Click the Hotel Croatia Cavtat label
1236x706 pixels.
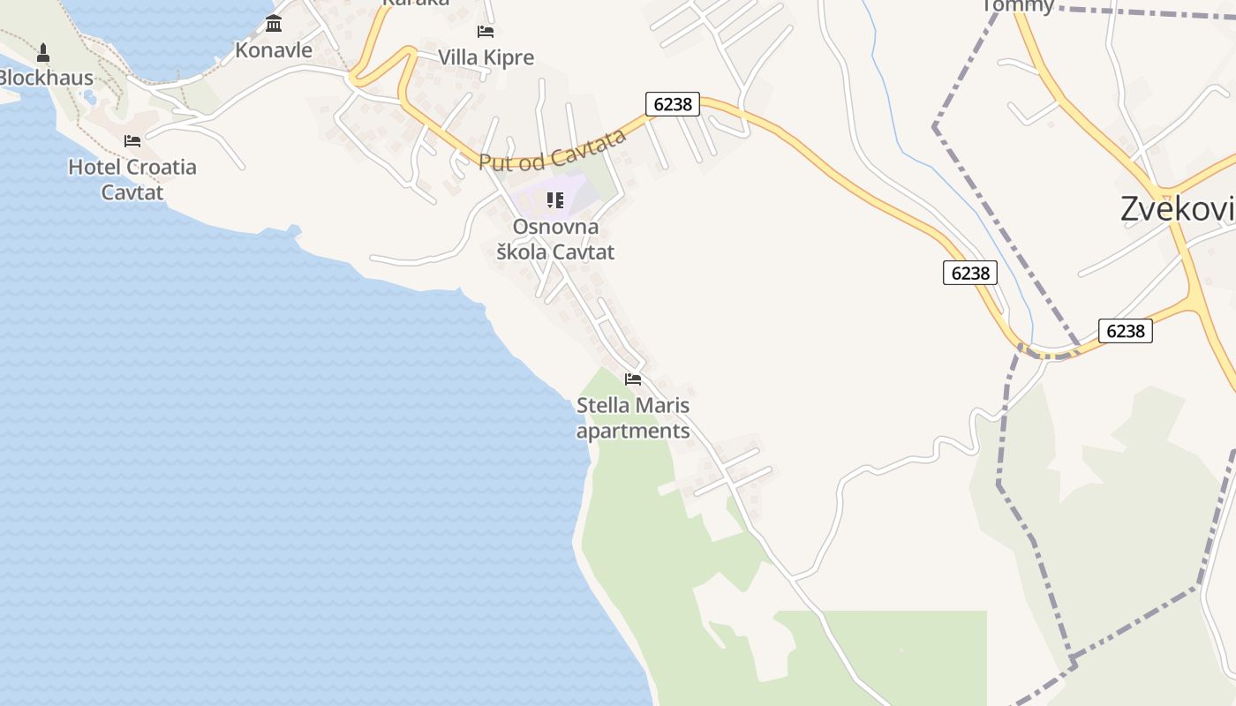pos(132,179)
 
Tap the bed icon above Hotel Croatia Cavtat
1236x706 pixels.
pos(132,141)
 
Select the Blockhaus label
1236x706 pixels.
pos(44,78)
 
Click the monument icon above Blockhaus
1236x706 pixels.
pos(42,53)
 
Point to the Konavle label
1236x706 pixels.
pos(274,50)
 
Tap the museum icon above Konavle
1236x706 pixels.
pos(274,23)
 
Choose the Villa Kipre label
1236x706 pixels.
pos(486,58)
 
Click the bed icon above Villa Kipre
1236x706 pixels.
pos(485,32)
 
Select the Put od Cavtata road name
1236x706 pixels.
pos(553,150)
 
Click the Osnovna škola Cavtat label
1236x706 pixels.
pos(555,239)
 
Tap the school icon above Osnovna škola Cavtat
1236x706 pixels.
pos(554,200)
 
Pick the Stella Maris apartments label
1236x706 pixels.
pos(633,418)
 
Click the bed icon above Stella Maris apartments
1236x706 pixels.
pos(633,379)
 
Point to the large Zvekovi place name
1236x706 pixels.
pos(1177,209)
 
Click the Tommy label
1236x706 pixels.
pos(1018,5)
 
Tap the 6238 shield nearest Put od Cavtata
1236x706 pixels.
pos(673,104)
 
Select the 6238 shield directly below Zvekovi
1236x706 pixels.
pos(1126,331)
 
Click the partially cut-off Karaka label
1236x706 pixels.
pos(416,3)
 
